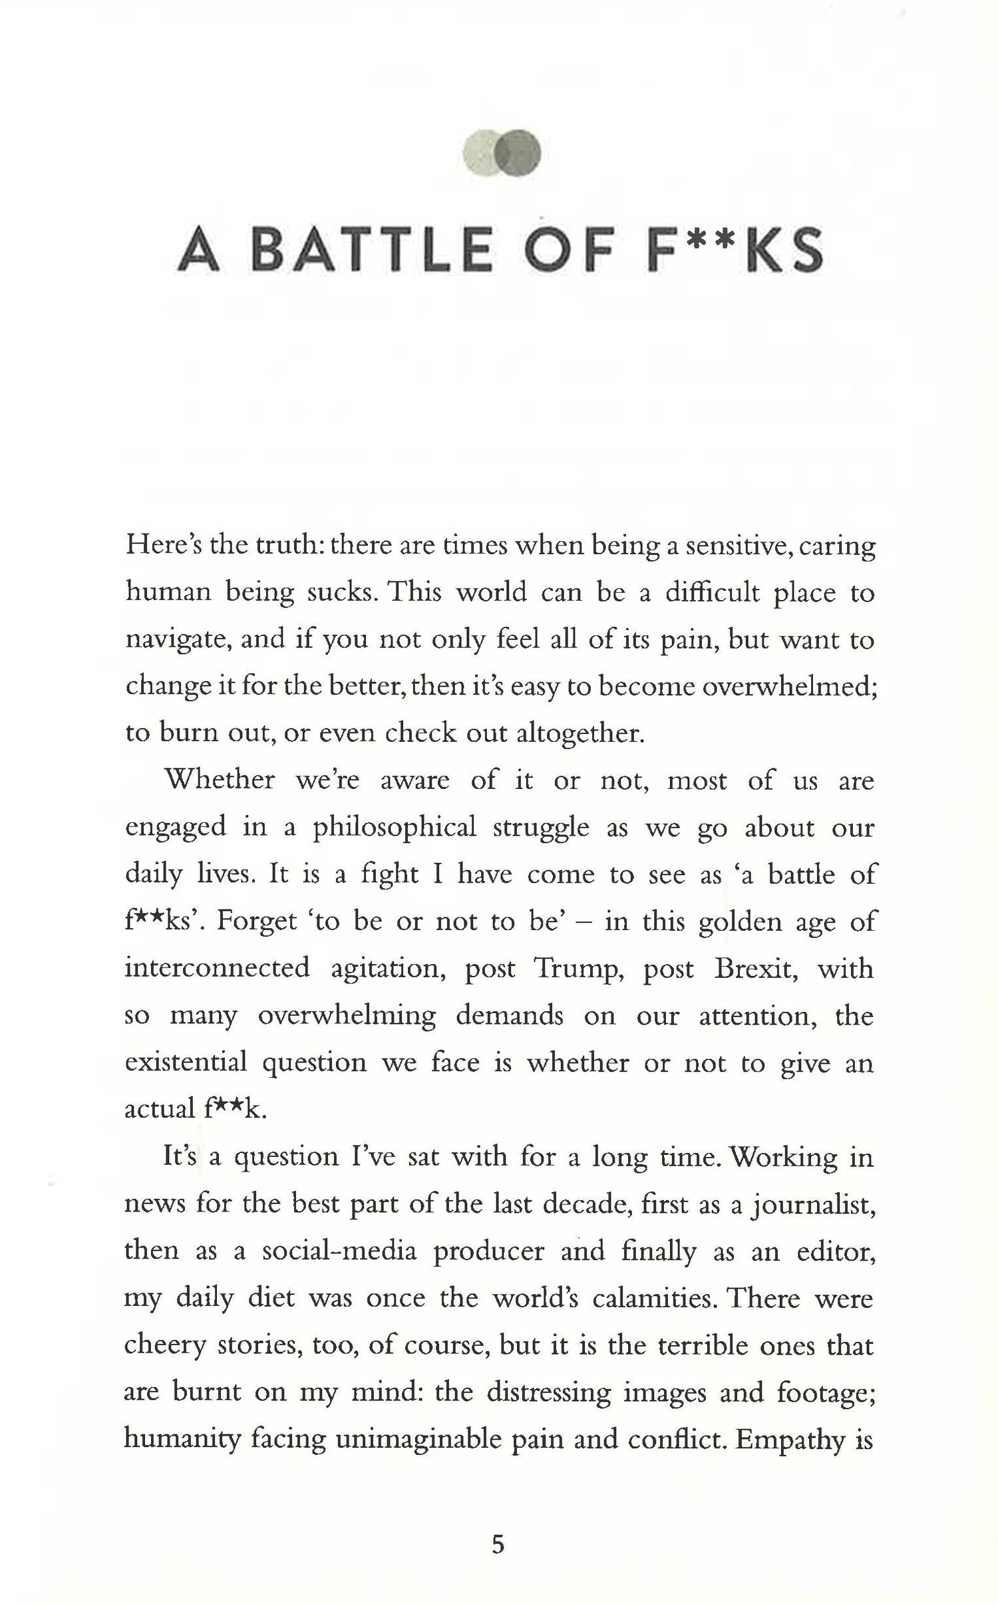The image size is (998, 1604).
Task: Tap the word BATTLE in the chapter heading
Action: click(x=373, y=250)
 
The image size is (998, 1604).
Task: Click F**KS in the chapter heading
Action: click(x=735, y=250)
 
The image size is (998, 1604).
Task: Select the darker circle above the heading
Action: click(x=520, y=154)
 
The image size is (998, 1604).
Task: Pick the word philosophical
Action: click(x=395, y=829)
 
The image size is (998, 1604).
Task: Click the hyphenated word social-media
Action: click(x=339, y=1251)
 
